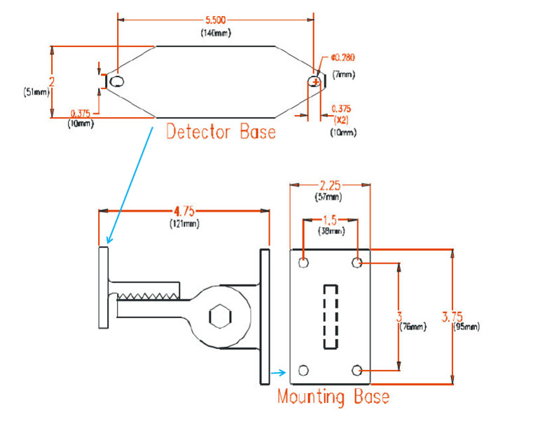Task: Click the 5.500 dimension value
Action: (x=216, y=20)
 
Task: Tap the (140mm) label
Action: (x=216, y=33)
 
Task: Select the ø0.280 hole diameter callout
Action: (x=343, y=57)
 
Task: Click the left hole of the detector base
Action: (x=117, y=82)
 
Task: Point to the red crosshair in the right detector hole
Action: (x=316, y=83)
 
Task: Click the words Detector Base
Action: (x=221, y=132)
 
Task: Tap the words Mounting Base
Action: (x=333, y=397)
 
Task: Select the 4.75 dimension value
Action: (x=184, y=211)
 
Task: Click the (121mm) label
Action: (x=185, y=224)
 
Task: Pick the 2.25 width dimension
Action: (x=330, y=186)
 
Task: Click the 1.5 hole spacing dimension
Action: (x=330, y=220)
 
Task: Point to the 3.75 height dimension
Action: (x=453, y=317)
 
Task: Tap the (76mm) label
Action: (x=413, y=327)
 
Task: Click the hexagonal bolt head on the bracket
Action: (x=220, y=315)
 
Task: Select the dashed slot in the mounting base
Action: (x=331, y=317)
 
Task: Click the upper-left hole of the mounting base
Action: (x=303, y=263)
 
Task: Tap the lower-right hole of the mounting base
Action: (x=357, y=371)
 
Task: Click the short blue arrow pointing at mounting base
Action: (x=278, y=373)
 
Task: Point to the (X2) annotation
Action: (x=341, y=120)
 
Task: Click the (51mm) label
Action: (x=36, y=92)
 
